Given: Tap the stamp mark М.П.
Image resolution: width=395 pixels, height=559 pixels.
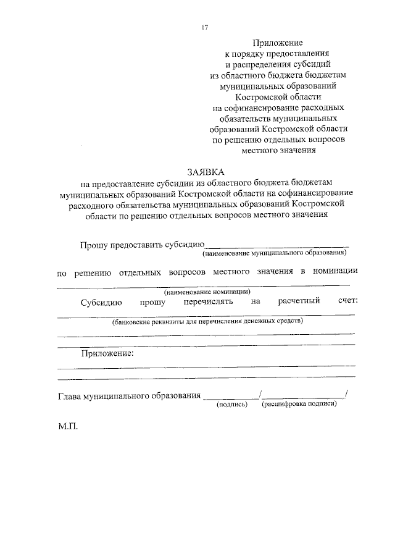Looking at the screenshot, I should [x=69, y=427].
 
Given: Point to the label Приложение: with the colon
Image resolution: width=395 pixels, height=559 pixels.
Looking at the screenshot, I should [x=107, y=354].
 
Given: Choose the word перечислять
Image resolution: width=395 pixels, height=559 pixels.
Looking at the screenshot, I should [x=208, y=302].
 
